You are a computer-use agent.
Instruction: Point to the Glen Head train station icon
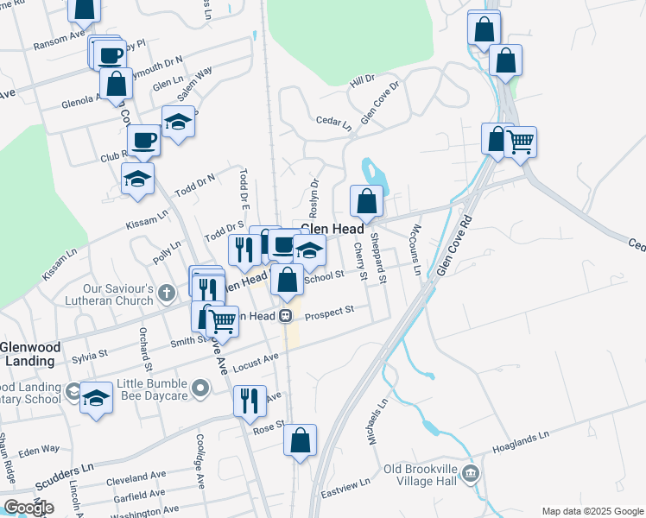283,316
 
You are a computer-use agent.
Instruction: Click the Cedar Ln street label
334,121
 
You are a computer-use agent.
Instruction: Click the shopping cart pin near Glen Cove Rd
520,142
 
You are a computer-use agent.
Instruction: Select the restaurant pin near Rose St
250,401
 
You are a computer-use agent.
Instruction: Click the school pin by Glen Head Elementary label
309,250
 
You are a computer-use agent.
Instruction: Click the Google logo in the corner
28,508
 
